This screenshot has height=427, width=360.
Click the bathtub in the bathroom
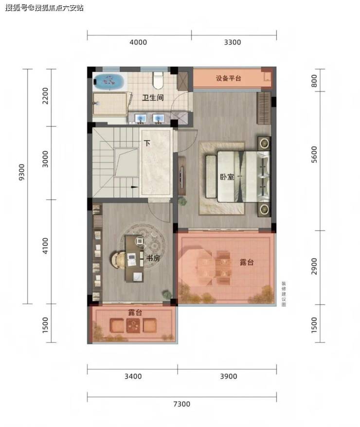[x=109, y=81]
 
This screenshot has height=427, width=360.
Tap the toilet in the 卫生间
[x=158, y=80]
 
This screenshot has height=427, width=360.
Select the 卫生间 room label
[x=153, y=97]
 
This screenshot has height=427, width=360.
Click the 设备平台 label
[x=229, y=78]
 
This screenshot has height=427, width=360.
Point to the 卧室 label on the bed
[x=227, y=177]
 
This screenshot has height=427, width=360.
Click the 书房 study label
[x=153, y=258]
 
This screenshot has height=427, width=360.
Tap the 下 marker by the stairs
[x=147, y=143]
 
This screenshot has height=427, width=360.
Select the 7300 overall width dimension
[x=181, y=404]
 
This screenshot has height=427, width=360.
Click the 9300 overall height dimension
[x=21, y=172]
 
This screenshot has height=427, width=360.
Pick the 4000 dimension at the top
[x=138, y=42]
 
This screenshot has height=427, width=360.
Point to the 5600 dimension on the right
[x=314, y=154]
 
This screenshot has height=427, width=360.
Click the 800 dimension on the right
[x=314, y=81]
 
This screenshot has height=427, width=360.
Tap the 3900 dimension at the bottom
[x=229, y=376]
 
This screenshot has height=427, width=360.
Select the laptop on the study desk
[x=131, y=259]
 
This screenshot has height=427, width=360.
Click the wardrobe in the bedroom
[x=264, y=108]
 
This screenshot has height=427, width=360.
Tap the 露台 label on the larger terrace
[x=247, y=262]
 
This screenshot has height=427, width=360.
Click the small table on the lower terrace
[x=133, y=325]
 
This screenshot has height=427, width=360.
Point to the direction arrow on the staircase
[x=134, y=187]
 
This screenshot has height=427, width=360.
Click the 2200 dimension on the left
[x=45, y=96]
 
